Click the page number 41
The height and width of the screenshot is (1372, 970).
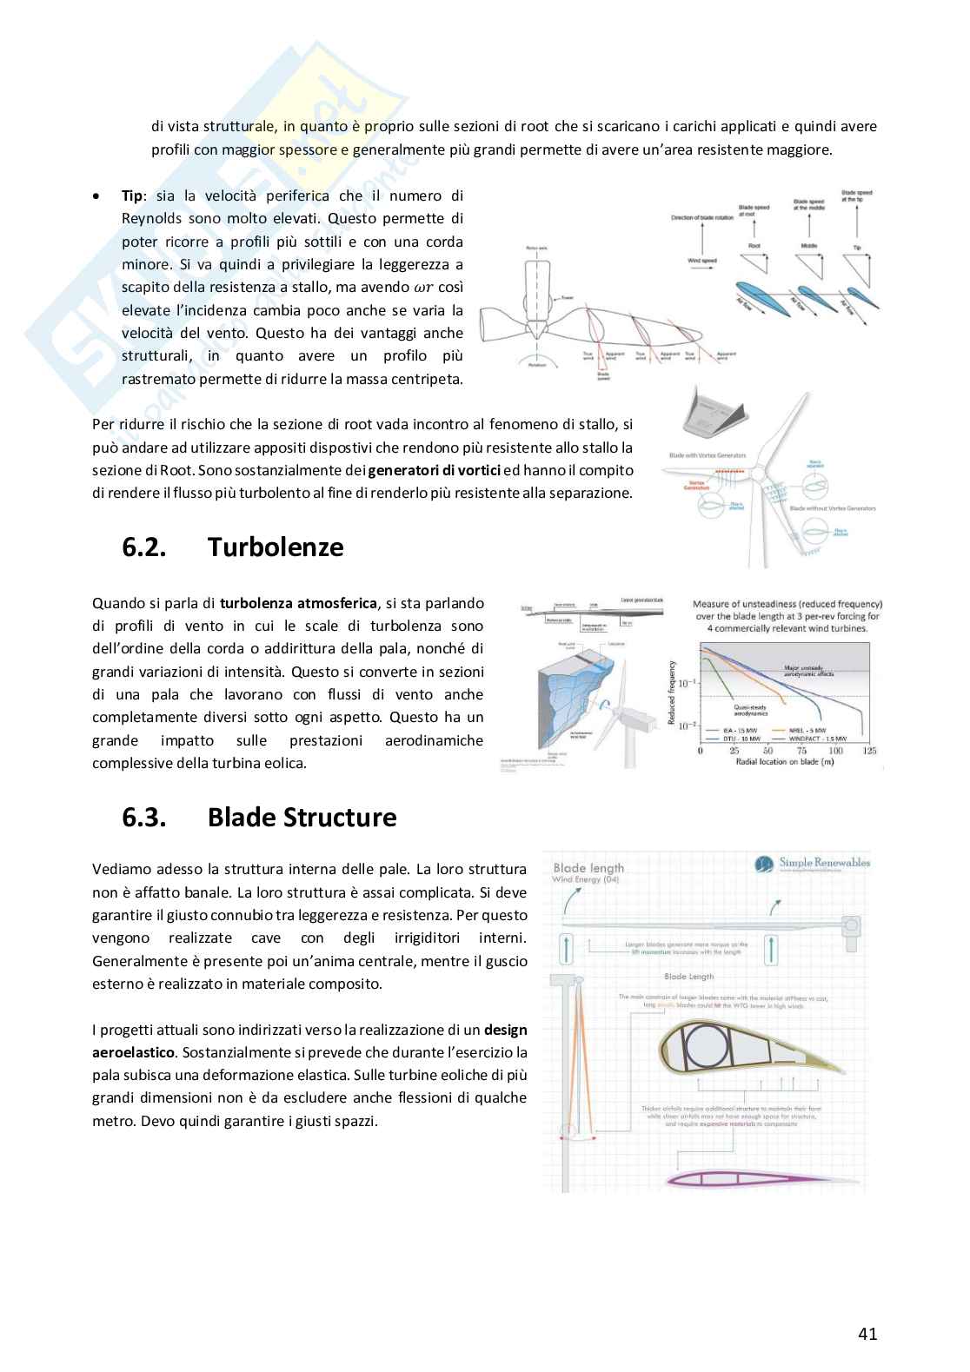tap(867, 1334)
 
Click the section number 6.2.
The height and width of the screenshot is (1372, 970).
tap(145, 547)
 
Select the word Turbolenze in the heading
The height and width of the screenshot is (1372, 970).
tap(276, 547)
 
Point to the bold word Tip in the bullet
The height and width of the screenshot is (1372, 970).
tap(132, 196)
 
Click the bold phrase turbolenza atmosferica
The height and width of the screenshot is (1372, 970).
tap(299, 603)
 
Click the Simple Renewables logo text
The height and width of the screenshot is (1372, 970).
tap(823, 863)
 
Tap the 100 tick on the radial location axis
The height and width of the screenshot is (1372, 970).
tap(835, 751)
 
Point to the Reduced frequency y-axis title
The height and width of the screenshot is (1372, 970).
tap(671, 692)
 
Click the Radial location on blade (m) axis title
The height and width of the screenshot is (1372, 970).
tap(787, 762)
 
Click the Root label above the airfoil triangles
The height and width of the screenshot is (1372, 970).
tap(754, 247)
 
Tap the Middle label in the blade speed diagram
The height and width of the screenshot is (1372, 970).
tap(809, 246)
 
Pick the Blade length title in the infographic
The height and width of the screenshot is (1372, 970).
tap(588, 867)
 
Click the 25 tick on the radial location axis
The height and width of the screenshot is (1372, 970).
tap(734, 751)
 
